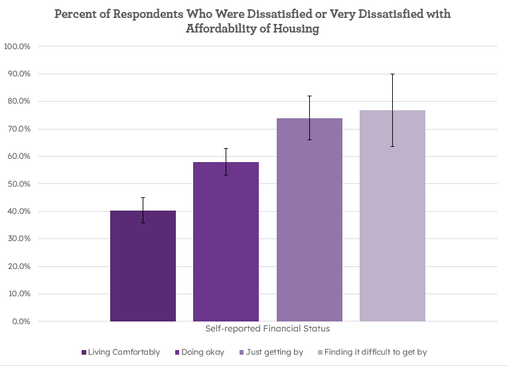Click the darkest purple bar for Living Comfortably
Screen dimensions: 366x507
pos(143,266)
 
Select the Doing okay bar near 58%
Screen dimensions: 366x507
pos(226,242)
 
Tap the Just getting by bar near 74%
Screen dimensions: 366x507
pos(309,219)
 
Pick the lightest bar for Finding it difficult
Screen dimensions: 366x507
pos(392,216)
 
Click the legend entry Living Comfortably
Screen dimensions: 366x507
pos(123,352)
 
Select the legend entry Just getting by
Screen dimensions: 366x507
pos(274,352)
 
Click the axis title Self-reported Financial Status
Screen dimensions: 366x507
pos(267,329)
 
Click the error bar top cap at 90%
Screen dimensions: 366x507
pos(392,74)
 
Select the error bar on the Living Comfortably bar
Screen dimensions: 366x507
pos(143,210)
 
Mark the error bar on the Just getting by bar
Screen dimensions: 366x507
pos(309,118)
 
